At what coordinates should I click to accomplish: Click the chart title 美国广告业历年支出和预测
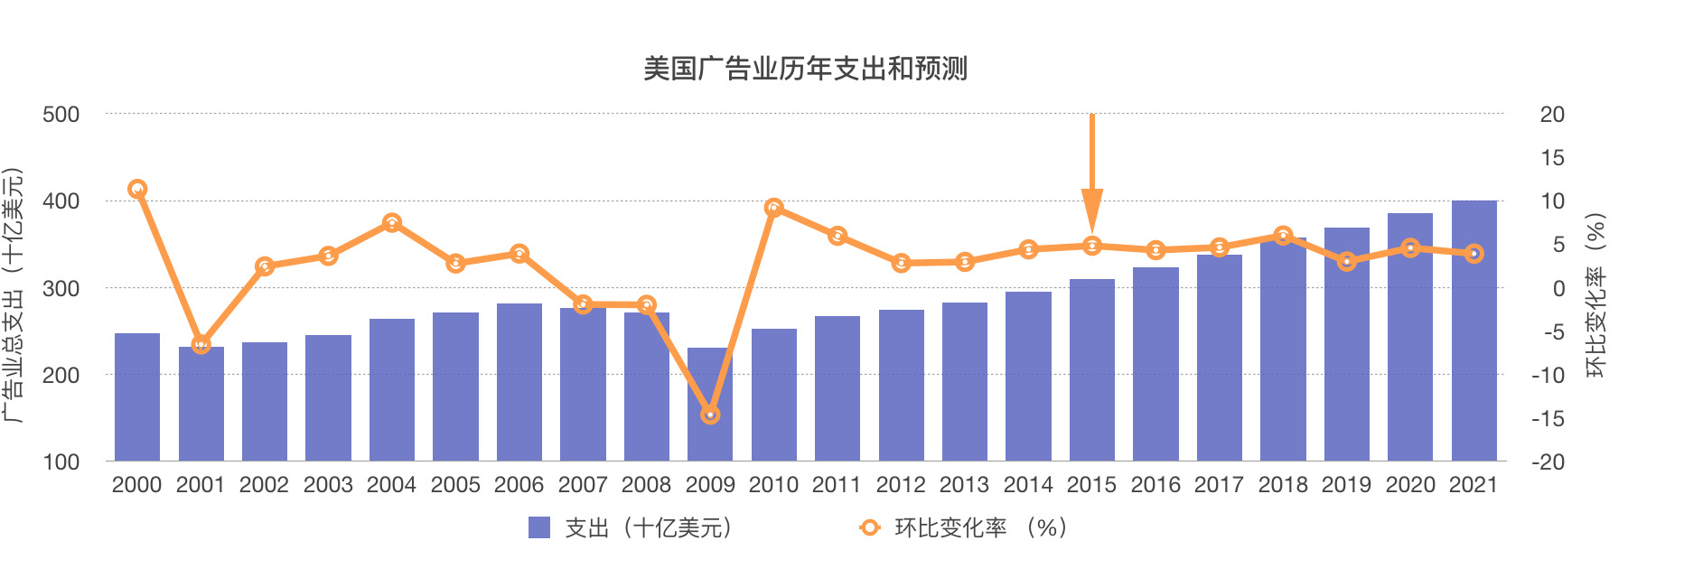pos(805,69)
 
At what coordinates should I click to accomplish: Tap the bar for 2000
pos(137,397)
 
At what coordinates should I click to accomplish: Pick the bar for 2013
pos(965,381)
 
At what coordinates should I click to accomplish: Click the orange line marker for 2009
pos(710,415)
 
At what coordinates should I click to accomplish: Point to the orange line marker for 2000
pos(137,189)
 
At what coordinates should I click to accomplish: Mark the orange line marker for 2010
pos(773,208)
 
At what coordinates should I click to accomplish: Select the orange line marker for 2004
pos(392,222)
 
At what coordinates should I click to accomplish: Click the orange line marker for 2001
pos(201,344)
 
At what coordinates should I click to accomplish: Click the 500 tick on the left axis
pos(61,115)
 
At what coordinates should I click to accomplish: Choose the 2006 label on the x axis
pos(519,485)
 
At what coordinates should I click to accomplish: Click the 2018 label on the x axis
pos(1283,485)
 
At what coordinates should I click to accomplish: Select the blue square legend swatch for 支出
pos(539,527)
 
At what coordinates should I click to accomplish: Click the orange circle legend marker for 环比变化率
pos(869,527)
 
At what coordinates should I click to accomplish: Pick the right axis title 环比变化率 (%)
pos(1596,295)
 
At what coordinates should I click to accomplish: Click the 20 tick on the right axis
pos(1552,115)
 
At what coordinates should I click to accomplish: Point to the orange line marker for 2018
pos(1283,236)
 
